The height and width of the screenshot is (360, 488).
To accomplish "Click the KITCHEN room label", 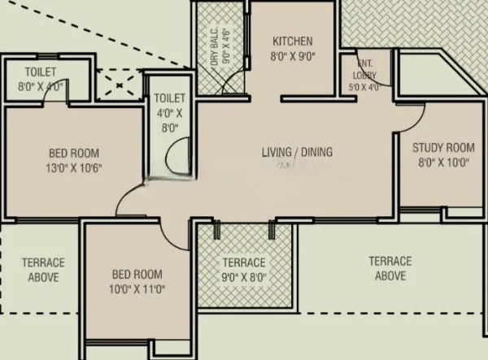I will click(x=293, y=41).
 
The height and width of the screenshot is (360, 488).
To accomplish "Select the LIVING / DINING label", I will click(x=297, y=152).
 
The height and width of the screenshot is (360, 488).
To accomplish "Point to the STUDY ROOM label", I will click(x=442, y=148).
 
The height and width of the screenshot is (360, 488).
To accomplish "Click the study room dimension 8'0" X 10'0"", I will click(x=442, y=162).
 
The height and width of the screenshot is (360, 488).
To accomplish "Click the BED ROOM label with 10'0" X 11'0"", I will click(x=137, y=275).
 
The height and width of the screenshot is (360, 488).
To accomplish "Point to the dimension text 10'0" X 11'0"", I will click(x=137, y=288).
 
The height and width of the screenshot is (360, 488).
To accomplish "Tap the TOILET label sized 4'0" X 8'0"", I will click(x=168, y=97).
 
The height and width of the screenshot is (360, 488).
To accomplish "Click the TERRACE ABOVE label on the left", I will click(x=39, y=270).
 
